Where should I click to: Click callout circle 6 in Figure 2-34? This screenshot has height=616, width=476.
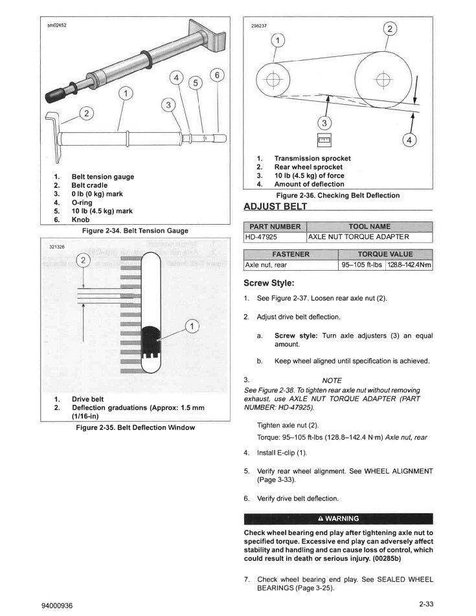(218, 75)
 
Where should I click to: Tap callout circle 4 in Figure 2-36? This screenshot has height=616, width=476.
(409, 139)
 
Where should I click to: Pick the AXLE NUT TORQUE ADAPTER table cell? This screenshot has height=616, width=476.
(359, 237)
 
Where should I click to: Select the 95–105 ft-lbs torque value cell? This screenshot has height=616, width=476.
(362, 265)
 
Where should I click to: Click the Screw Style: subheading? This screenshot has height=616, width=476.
(269, 283)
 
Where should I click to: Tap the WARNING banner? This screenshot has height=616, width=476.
(337, 518)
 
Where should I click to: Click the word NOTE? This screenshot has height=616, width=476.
(332, 380)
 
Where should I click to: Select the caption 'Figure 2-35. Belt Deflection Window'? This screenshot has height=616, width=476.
(135, 428)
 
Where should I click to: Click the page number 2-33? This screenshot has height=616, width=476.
(425, 604)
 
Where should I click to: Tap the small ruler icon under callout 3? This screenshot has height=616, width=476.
(324, 139)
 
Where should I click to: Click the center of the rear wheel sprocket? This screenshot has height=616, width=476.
(384, 81)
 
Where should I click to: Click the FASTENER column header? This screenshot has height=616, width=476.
(291, 254)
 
